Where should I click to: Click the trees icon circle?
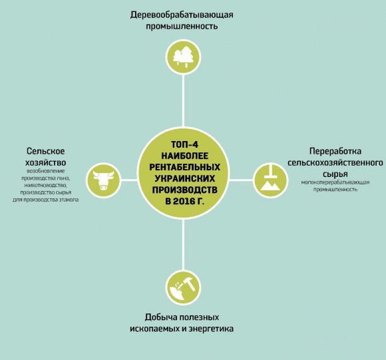(x=183, y=57)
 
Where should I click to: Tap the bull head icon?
(x=104, y=180)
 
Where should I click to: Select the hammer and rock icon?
(x=183, y=288)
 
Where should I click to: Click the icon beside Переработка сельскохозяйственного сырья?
(x=270, y=180)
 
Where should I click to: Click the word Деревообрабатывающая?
(x=182, y=15)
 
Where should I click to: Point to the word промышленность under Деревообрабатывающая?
(x=182, y=26)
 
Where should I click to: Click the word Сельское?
(x=45, y=151)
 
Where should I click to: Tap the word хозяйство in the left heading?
(x=46, y=162)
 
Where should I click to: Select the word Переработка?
(x=335, y=151)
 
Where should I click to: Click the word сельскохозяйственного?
(x=335, y=162)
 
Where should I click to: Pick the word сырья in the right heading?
(x=335, y=174)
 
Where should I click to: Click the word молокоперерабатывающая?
(x=335, y=182)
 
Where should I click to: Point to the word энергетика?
(x=211, y=329)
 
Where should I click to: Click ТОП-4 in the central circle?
(x=184, y=144)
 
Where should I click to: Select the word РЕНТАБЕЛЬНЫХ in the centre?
(x=184, y=167)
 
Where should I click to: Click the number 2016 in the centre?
(x=183, y=201)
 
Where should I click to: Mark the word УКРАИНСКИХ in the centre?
(x=184, y=178)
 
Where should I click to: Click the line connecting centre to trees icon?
(x=183, y=101)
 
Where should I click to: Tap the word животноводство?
(x=45, y=185)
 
